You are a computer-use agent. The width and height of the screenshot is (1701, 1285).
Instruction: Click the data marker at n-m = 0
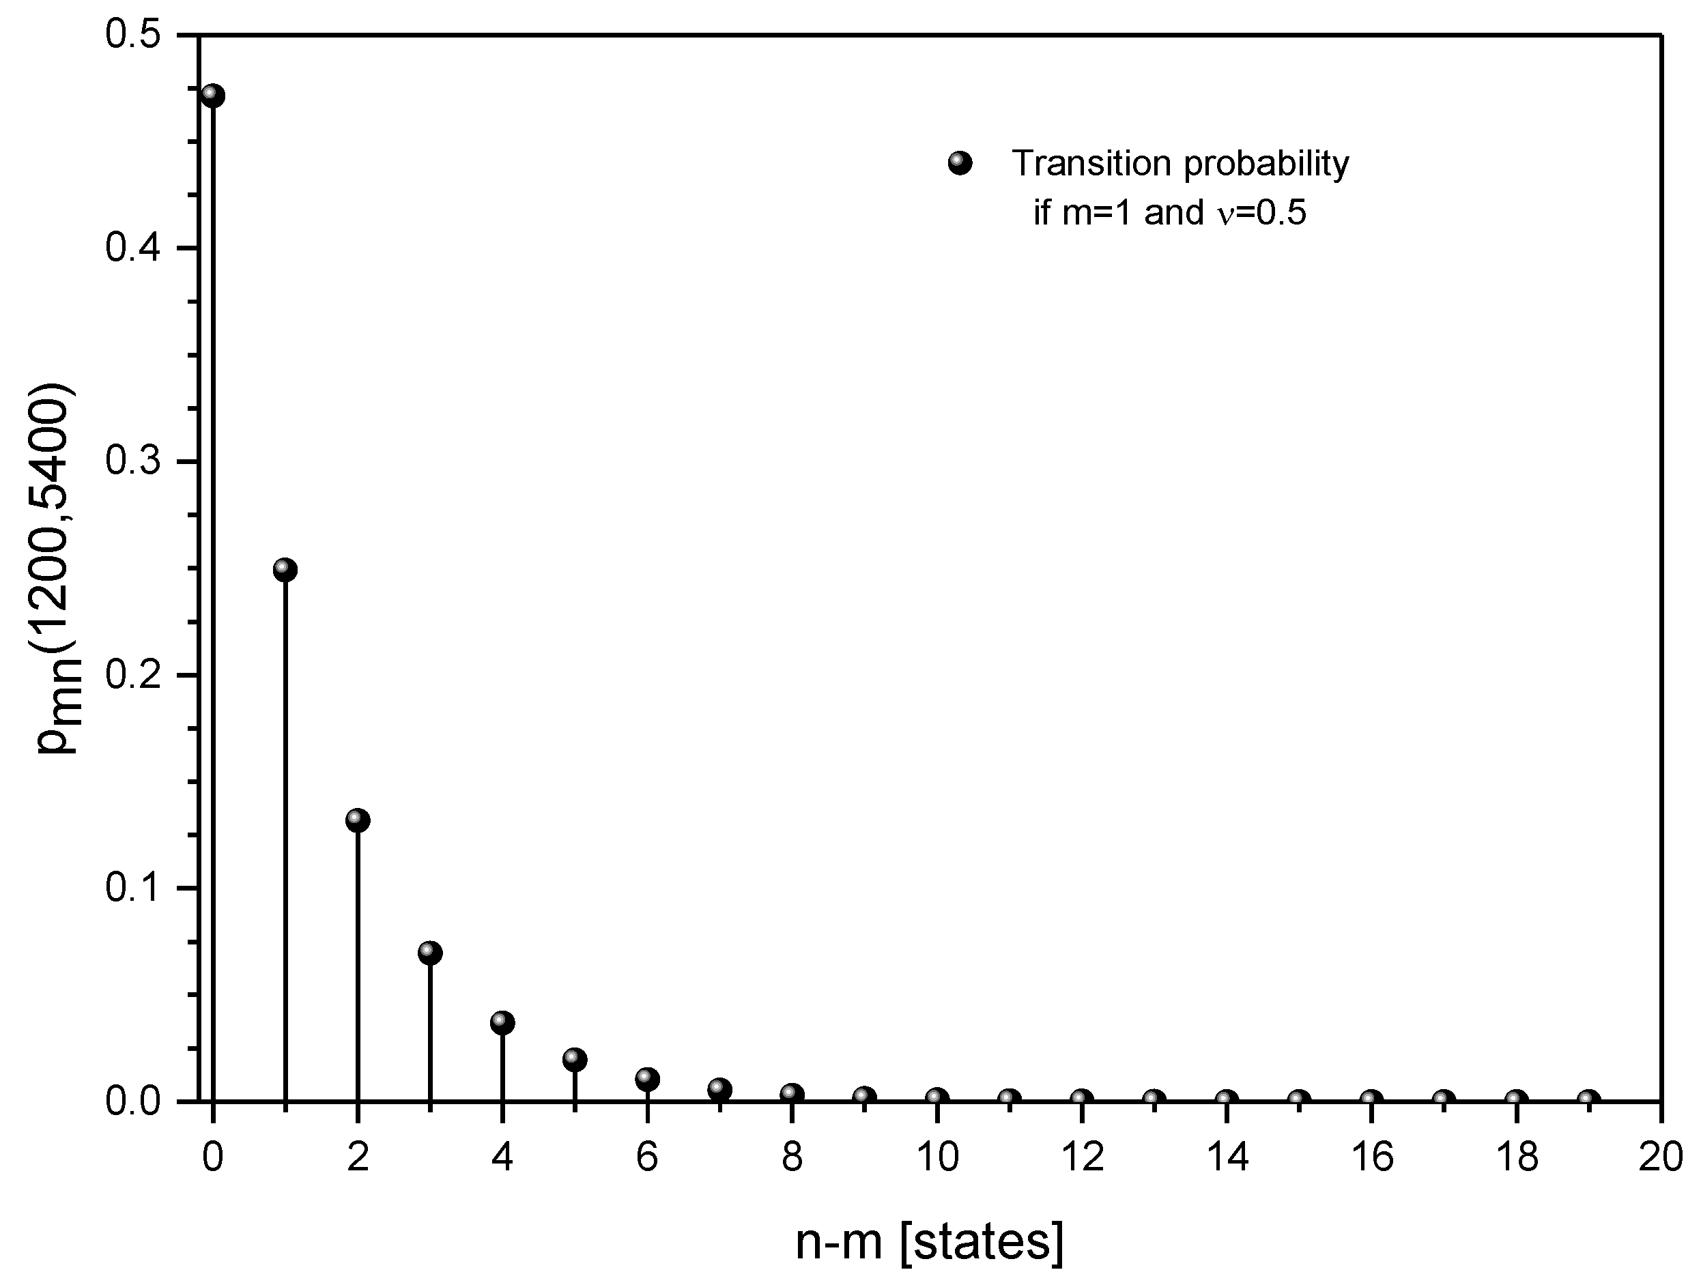[x=213, y=97]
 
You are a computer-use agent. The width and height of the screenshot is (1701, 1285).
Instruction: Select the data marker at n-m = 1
[x=285, y=570]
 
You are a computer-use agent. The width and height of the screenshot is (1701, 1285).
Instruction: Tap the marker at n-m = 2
[x=358, y=820]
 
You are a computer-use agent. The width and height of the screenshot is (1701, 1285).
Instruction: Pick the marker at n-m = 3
[x=430, y=953]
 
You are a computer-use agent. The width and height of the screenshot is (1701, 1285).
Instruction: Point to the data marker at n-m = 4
[x=502, y=1023]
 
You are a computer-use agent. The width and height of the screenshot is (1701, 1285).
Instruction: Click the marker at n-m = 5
[x=575, y=1060]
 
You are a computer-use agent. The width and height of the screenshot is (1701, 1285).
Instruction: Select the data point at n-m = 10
[x=937, y=1098]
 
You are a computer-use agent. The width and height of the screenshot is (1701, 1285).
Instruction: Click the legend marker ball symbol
[x=960, y=164]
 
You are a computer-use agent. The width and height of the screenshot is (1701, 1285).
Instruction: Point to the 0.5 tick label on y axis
[x=132, y=36]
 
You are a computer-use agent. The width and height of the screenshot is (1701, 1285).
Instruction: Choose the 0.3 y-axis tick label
[x=132, y=462]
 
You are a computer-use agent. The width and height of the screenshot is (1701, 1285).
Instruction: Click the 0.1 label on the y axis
[x=132, y=889]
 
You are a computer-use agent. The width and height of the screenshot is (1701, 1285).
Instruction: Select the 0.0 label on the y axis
[x=132, y=1102]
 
